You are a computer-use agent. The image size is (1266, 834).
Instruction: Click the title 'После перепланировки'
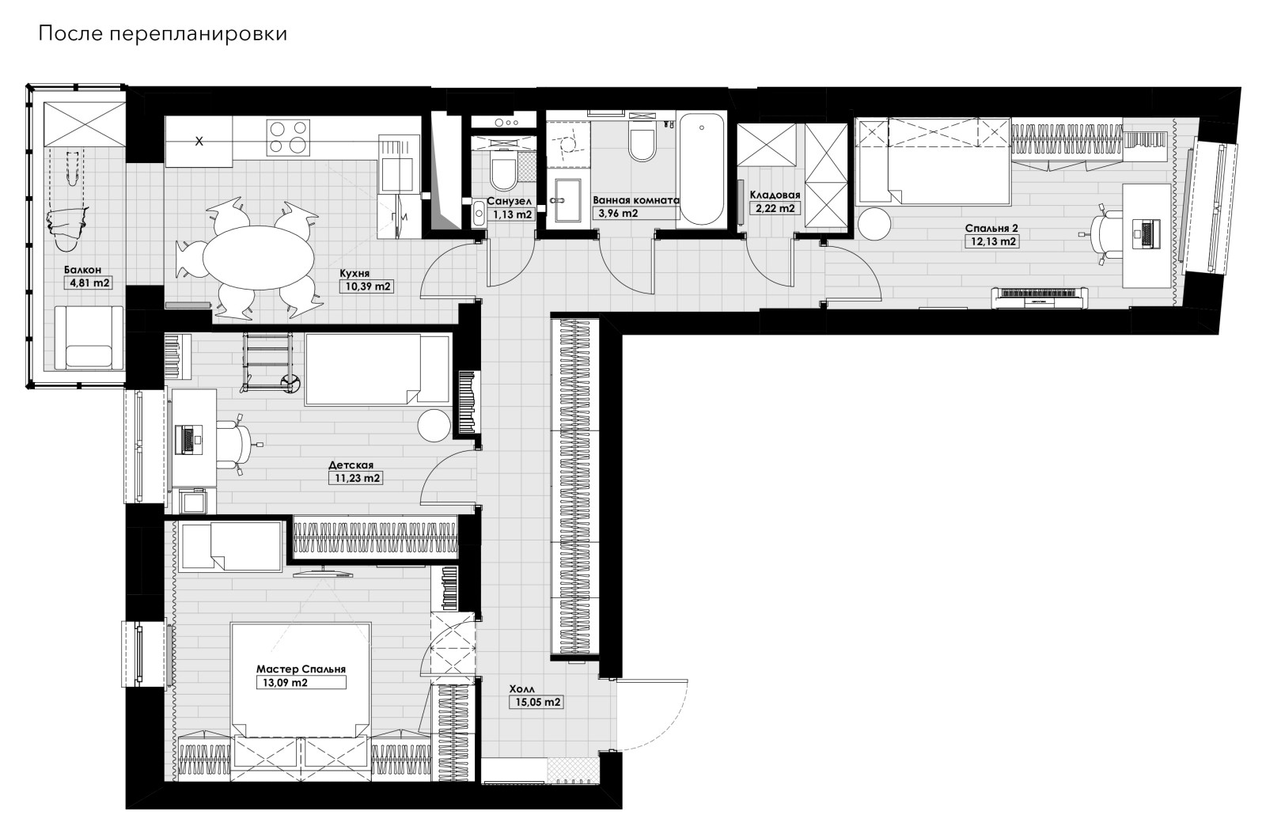(x=163, y=34)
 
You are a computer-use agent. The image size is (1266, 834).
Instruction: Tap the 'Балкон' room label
(x=82, y=270)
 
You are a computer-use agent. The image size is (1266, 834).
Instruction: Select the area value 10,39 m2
(x=368, y=286)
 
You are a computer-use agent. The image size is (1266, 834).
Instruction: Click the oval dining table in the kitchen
(x=258, y=256)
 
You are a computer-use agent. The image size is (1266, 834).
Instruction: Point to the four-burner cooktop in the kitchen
(x=289, y=136)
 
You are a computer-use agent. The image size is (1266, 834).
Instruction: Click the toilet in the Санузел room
(x=502, y=172)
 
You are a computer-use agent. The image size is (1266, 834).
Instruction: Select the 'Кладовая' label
(x=775, y=195)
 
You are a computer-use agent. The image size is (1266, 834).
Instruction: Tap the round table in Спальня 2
(x=874, y=224)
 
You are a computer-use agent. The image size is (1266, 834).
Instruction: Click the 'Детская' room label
(x=351, y=465)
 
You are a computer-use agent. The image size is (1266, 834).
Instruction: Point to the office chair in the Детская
(x=237, y=445)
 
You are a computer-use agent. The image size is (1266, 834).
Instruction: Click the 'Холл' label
(x=521, y=689)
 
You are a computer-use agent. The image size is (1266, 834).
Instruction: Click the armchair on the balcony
(x=89, y=338)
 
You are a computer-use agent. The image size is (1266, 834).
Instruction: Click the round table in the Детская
(x=434, y=426)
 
